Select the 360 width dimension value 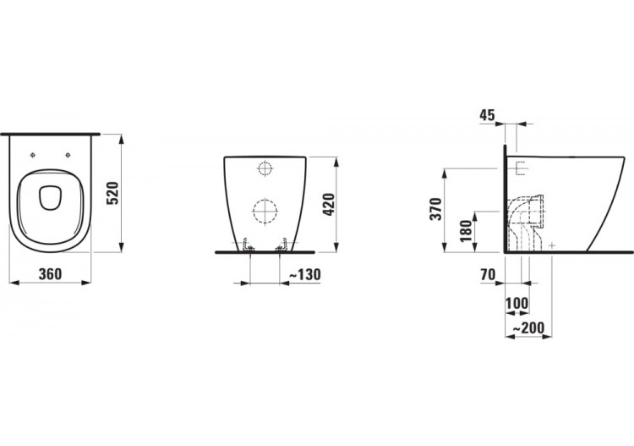point(51,274)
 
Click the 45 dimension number point(487,115)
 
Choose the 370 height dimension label point(435,210)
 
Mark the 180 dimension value point(464,231)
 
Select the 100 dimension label point(516,302)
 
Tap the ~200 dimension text point(527,328)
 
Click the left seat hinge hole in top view point(31,155)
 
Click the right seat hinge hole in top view point(68,155)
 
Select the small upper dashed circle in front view point(265,169)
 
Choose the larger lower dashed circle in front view point(265,210)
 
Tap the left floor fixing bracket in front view point(246,245)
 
